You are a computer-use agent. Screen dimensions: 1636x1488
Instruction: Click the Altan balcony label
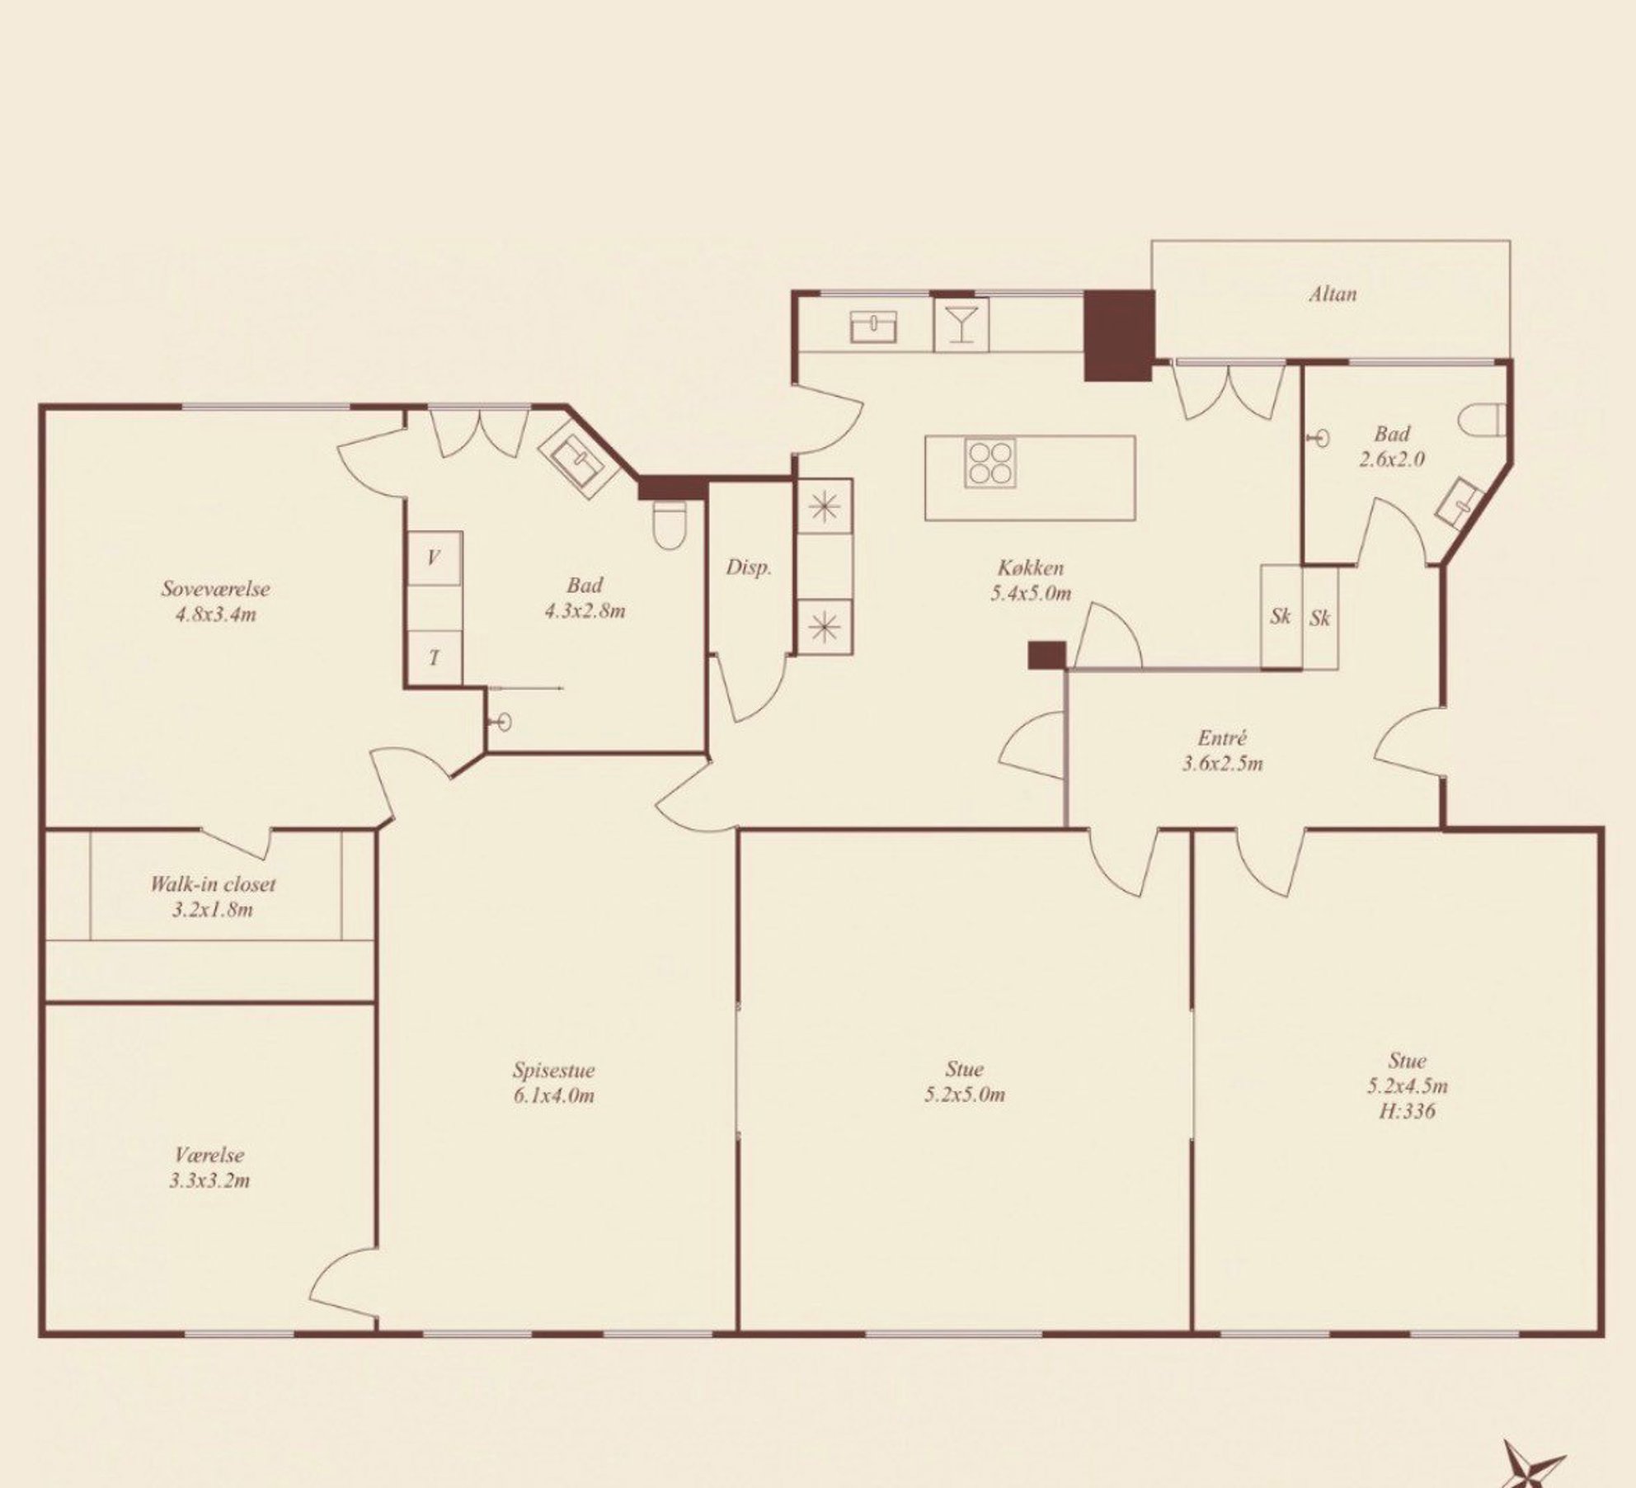pos(1333,294)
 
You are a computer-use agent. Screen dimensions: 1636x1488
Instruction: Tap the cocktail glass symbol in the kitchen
pos(960,323)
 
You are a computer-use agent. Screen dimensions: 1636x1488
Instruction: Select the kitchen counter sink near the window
pos(873,327)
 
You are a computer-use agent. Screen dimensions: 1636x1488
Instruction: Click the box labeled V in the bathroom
pos(435,558)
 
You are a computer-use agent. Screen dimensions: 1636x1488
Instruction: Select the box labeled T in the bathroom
pos(435,657)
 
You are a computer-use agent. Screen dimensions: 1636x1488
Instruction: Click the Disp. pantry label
pos(749,567)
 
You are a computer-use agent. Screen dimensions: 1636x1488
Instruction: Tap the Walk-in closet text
pos(213,884)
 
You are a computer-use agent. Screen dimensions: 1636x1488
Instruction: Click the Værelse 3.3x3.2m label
pos(209,1168)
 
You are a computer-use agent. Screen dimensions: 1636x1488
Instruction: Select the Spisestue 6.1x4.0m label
pos(553,1083)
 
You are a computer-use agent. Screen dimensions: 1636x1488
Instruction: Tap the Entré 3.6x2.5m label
pos(1222,751)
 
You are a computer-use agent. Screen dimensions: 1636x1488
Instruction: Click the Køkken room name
pos(1031,567)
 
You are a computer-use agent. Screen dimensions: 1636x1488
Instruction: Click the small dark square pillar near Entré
pos(1046,655)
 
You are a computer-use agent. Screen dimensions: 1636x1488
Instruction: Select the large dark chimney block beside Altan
pos(1117,336)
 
